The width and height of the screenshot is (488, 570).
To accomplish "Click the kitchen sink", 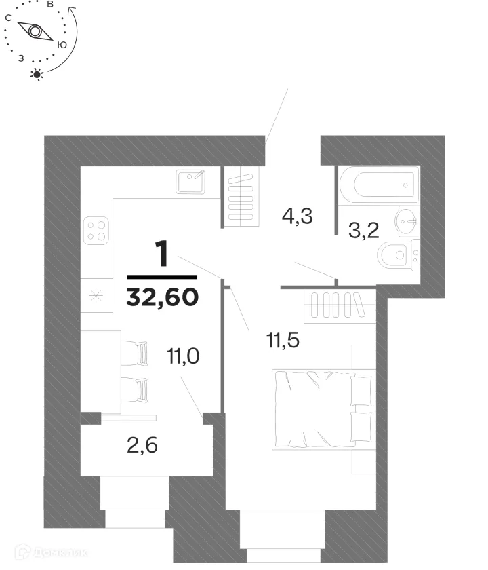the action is (x=190, y=182).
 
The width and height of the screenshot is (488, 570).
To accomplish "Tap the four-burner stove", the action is (x=96, y=231).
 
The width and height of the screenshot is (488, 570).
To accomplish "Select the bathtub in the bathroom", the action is (x=380, y=185).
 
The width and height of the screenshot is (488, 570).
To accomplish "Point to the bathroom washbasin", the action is (x=406, y=221).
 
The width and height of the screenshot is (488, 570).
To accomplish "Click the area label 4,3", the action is (x=297, y=216).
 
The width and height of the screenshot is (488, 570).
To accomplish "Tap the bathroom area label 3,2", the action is (x=363, y=230).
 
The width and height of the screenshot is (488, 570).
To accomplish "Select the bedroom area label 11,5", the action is (x=283, y=341).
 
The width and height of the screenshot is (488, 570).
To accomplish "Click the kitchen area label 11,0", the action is (x=183, y=356).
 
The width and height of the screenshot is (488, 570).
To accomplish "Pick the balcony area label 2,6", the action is (x=142, y=445).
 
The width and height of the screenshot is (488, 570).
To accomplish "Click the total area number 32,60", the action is (x=162, y=297).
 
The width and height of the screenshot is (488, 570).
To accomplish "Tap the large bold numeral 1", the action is (x=162, y=254).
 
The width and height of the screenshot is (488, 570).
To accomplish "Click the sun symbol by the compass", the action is (x=37, y=75).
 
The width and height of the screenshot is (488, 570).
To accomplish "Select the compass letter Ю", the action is (x=62, y=45).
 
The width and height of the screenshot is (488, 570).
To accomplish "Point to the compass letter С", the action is (x=8, y=18).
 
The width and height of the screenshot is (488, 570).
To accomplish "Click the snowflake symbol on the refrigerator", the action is (x=96, y=295).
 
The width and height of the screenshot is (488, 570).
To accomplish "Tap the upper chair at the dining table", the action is (x=134, y=353).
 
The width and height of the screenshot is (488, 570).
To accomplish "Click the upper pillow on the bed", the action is (x=361, y=391).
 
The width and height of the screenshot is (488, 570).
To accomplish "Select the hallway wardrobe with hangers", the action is (x=241, y=196).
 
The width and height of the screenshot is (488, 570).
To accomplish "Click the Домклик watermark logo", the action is (x=52, y=553).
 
